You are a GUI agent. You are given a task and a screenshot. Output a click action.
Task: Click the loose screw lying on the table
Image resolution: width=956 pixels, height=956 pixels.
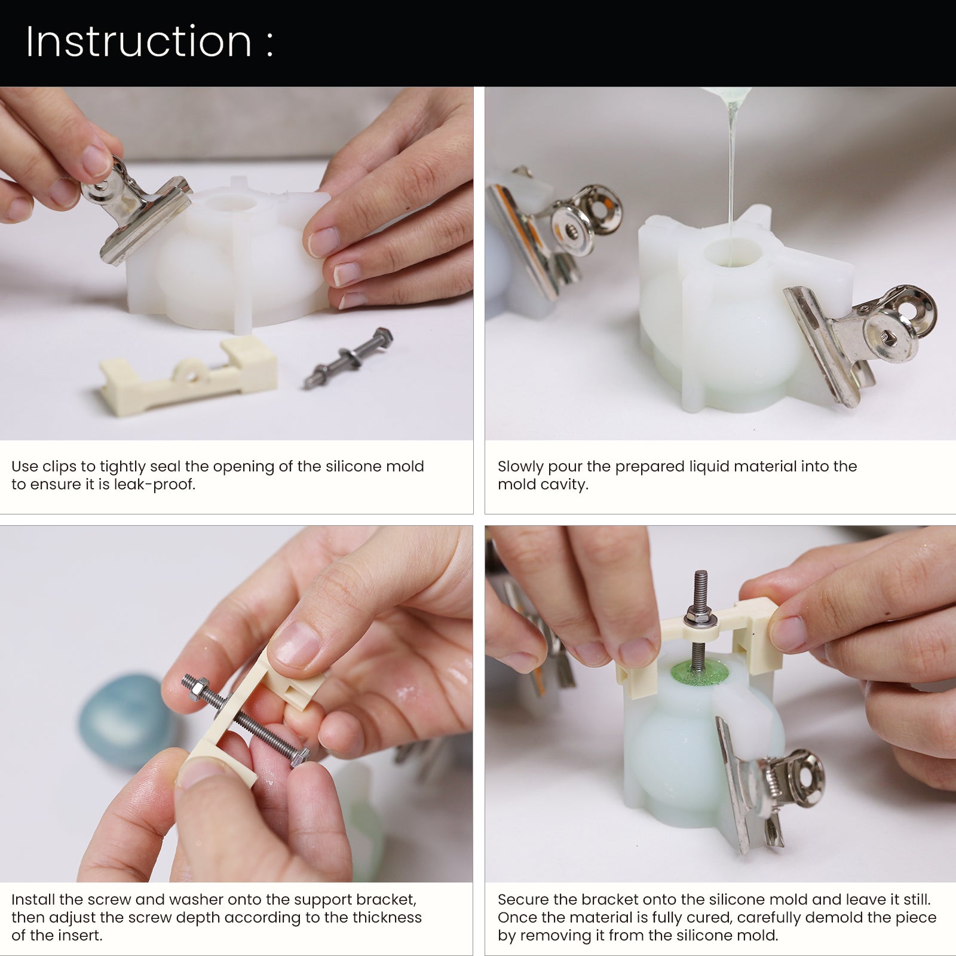pos(348,357)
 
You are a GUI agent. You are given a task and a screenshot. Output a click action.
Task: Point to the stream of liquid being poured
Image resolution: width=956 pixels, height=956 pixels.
pos(731,179)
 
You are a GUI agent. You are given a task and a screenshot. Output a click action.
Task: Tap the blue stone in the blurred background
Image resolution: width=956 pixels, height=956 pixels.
pos(124,721)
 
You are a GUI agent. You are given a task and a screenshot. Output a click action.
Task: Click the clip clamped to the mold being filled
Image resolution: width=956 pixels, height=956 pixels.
pos(860,338)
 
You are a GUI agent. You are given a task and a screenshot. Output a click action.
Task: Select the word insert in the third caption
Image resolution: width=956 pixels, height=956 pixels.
pos(79,935)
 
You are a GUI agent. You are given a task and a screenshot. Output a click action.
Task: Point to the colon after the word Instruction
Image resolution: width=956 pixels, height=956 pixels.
pos(270,44)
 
